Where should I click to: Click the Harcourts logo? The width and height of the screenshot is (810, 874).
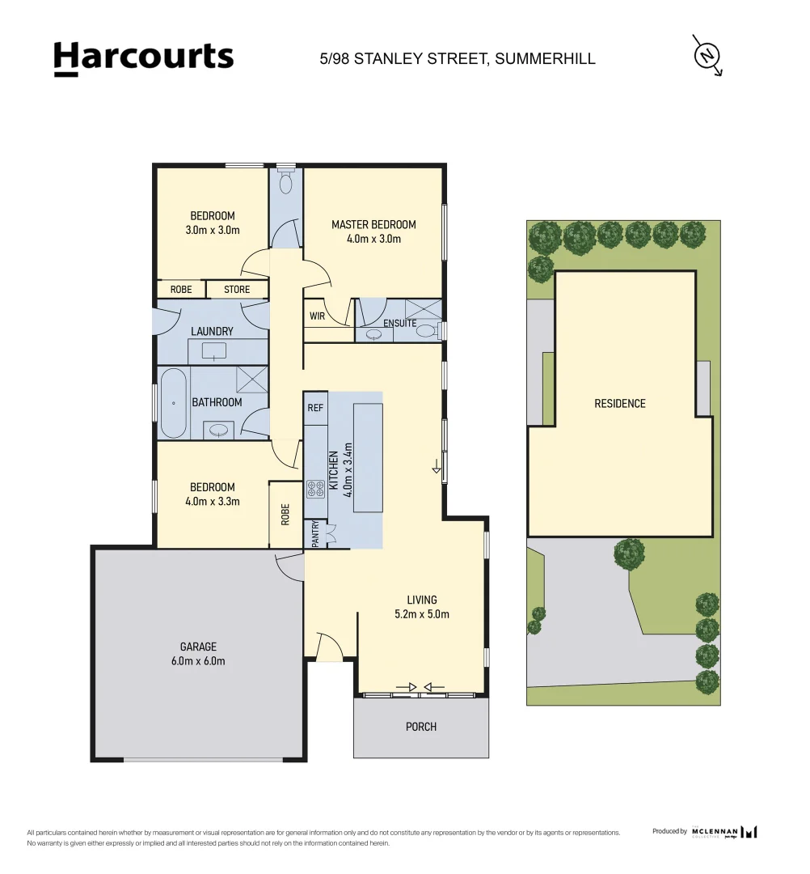pyautogui.click(x=143, y=58)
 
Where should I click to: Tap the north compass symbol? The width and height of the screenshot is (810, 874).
pyautogui.click(x=707, y=54)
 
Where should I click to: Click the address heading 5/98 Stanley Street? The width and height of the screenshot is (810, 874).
pyautogui.click(x=458, y=58)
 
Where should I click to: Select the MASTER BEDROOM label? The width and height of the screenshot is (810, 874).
pyautogui.click(x=373, y=231)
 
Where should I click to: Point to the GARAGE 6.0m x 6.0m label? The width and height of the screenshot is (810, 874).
pyautogui.click(x=198, y=654)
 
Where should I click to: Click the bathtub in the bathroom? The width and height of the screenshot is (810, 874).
pyautogui.click(x=173, y=403)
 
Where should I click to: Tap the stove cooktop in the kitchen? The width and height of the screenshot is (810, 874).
pyautogui.click(x=315, y=488)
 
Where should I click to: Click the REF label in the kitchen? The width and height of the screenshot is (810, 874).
pyautogui.click(x=315, y=408)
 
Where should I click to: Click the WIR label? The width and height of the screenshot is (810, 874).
pyautogui.click(x=317, y=316)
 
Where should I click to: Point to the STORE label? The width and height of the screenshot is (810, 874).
pyautogui.click(x=237, y=289)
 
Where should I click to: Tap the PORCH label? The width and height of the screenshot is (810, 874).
pyautogui.click(x=420, y=727)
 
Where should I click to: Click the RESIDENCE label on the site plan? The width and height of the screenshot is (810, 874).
pyautogui.click(x=620, y=403)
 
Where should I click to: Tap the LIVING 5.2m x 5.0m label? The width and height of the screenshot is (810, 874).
pyautogui.click(x=422, y=607)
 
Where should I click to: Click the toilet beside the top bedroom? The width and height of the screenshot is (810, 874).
pyautogui.click(x=285, y=184)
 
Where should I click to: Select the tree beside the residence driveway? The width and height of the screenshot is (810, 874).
pyautogui.click(x=629, y=554)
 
